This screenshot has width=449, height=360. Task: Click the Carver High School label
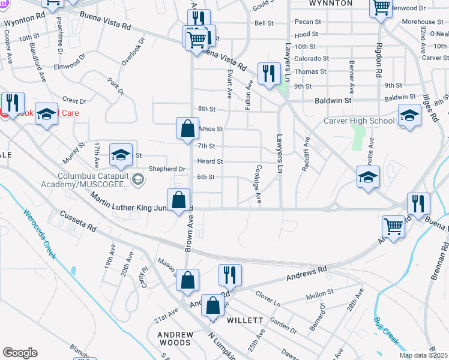359,121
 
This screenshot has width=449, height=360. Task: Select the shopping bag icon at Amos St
187,128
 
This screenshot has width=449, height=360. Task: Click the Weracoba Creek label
40,234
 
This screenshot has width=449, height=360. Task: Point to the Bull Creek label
387,331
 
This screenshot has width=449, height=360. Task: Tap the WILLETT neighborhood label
245,320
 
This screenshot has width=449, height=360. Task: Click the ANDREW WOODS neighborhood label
175,339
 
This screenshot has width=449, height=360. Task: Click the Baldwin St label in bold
333,101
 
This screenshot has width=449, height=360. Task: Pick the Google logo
20,353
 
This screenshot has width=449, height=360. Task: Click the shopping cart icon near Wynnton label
381,8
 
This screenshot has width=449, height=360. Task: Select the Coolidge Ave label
259,183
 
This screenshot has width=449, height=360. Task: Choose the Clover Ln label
268,299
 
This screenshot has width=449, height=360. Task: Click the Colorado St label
310,59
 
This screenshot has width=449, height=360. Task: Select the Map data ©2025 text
423,355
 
